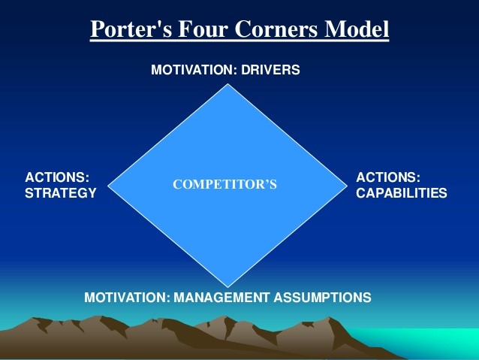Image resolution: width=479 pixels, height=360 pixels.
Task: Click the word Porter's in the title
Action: pos(131,29)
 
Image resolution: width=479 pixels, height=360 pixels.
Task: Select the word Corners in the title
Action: pos(276,29)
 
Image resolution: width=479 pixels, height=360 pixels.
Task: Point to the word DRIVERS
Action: pos(270,70)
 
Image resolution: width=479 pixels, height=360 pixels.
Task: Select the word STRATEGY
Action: pos(61,193)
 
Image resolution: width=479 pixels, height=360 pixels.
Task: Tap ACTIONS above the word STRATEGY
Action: pos(57,177)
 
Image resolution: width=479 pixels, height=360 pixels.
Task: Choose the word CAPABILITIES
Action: pos(402,193)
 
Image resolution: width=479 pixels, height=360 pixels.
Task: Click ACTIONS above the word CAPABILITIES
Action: pos(388,177)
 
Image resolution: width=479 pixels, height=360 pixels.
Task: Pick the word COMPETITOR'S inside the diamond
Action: pos(224,184)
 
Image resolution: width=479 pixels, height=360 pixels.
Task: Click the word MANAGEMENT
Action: pos(221,298)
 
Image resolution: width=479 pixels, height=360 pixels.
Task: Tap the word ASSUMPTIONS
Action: pos(322,298)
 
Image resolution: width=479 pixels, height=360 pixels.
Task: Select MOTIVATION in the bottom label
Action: pos(127,298)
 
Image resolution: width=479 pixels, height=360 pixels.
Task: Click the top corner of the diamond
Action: pos(227,84)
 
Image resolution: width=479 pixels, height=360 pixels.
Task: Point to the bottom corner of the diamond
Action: pos(227,287)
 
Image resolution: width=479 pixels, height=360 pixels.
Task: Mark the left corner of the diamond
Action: pos(108,186)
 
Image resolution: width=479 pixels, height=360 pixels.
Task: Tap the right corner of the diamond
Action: pos(348,186)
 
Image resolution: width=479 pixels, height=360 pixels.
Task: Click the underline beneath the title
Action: pos(239,40)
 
